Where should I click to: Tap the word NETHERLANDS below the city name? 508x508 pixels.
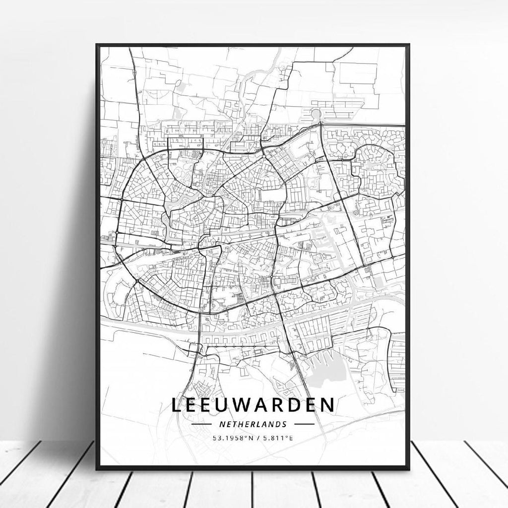(x=253, y=424)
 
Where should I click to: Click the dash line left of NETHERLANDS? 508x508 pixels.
(x=202, y=425)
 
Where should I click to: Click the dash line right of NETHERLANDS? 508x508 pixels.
(x=304, y=425)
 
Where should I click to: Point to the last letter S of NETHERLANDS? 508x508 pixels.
(x=285, y=424)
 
